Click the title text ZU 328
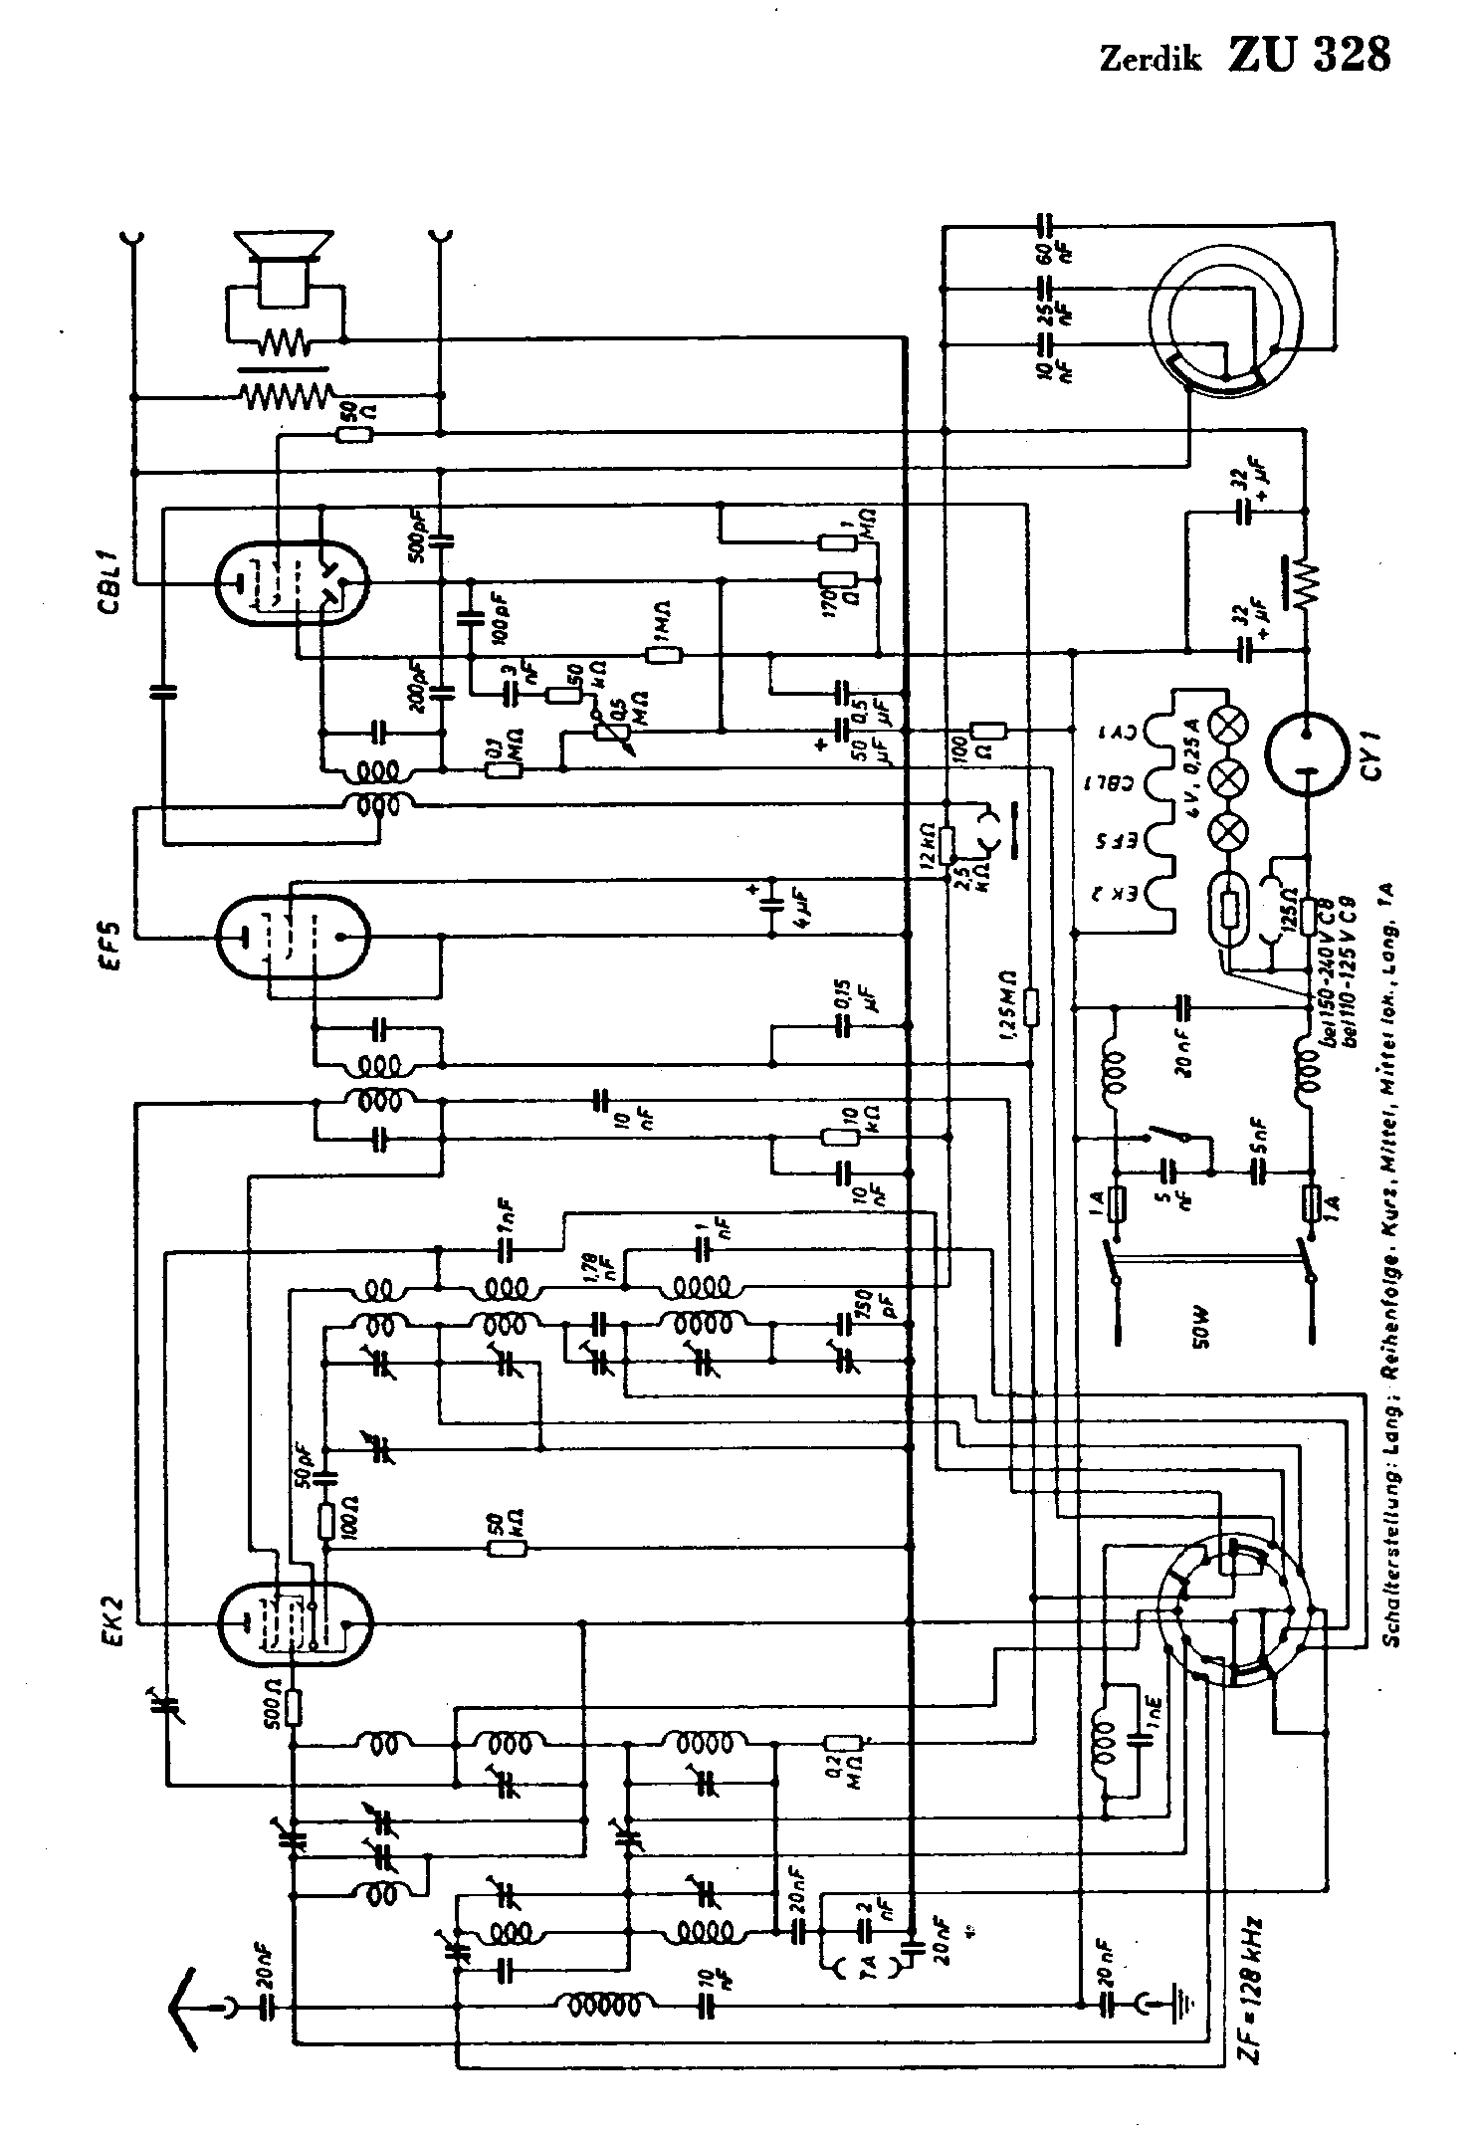coord(1309,57)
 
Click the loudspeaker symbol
coord(283,267)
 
